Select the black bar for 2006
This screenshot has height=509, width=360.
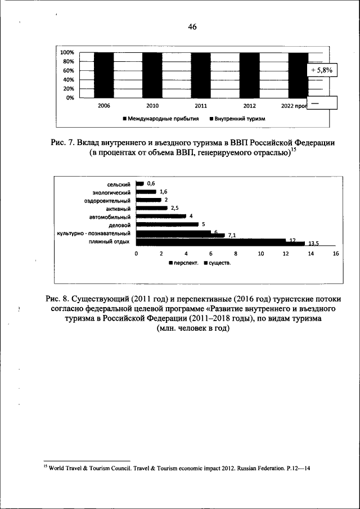click(x=104, y=75)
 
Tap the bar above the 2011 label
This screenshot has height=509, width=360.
click(x=201, y=75)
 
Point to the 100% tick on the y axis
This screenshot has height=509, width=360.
click(x=67, y=52)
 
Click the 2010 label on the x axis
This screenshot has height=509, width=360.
click(x=152, y=106)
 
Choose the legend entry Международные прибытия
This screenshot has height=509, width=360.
click(x=159, y=119)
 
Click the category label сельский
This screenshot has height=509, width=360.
click(x=119, y=184)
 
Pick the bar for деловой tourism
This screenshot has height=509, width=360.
click(x=167, y=224)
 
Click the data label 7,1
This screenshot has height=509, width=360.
click(x=232, y=236)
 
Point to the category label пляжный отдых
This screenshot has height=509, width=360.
click(x=109, y=241)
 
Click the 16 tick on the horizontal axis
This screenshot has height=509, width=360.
click(x=336, y=254)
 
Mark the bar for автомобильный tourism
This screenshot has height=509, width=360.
click(x=161, y=216)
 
